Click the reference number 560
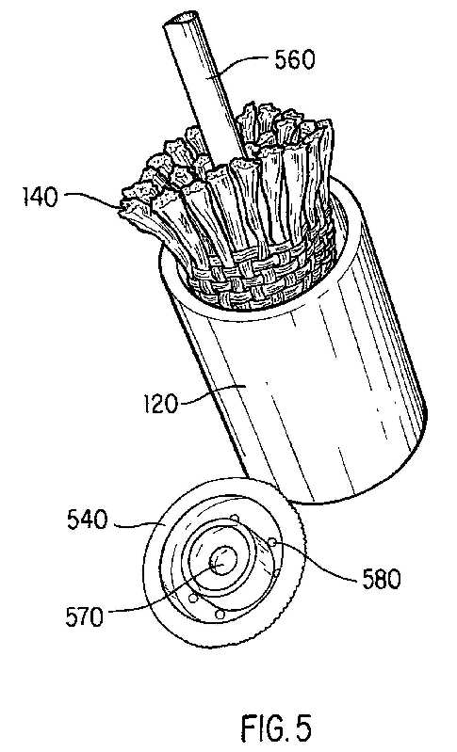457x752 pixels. point(294,60)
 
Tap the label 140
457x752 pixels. point(41,197)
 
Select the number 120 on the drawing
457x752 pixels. point(160,404)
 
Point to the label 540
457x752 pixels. point(87,520)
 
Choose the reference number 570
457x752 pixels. point(84,616)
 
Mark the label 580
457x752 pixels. point(382,580)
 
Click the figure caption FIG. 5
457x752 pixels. point(276,728)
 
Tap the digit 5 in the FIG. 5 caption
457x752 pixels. point(303,728)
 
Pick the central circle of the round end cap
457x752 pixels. point(222,561)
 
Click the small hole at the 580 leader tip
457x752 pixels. point(272,542)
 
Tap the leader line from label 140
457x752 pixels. point(91,198)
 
